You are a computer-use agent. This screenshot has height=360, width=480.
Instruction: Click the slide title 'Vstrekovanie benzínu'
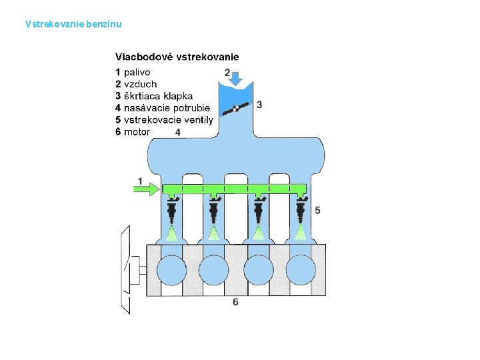click(x=73, y=25)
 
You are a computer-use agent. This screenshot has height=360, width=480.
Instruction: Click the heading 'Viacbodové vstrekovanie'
click(x=177, y=57)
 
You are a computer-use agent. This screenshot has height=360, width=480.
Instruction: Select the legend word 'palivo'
click(x=137, y=72)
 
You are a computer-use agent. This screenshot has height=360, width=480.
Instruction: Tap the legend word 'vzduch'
click(x=141, y=84)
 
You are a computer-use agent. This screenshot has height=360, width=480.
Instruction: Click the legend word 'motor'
click(x=137, y=132)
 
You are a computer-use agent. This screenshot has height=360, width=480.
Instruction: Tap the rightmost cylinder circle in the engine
click(x=301, y=270)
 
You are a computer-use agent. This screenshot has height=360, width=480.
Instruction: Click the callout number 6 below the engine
click(x=235, y=302)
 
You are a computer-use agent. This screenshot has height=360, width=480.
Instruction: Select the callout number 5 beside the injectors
click(x=317, y=210)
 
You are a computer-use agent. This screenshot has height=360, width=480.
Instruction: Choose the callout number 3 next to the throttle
click(x=259, y=105)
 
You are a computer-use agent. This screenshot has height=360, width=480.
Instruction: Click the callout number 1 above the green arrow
click(x=141, y=181)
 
